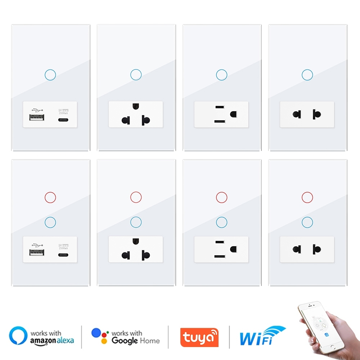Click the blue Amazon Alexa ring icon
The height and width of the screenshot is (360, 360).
click(18, 336)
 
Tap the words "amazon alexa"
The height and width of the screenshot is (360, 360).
click(52, 341)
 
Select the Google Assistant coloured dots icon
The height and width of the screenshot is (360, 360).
click(100, 336)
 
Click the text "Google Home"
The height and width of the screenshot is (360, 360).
click(135, 340)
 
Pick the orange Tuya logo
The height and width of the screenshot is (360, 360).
click(199, 337)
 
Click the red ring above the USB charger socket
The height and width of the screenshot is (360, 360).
click(50, 197)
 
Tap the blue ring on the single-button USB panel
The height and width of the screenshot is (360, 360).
click(50, 75)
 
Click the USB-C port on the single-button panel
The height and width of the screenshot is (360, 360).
click(63, 120)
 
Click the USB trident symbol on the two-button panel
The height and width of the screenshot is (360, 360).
click(37, 240)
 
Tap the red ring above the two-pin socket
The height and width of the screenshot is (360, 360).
click(307, 197)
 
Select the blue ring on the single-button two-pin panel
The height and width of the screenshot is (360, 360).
click(307, 75)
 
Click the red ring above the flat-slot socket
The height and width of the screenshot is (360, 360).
click(221, 197)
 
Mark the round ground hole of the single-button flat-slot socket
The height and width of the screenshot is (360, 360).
click(233, 114)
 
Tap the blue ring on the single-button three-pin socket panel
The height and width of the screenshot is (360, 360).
click(136, 75)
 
